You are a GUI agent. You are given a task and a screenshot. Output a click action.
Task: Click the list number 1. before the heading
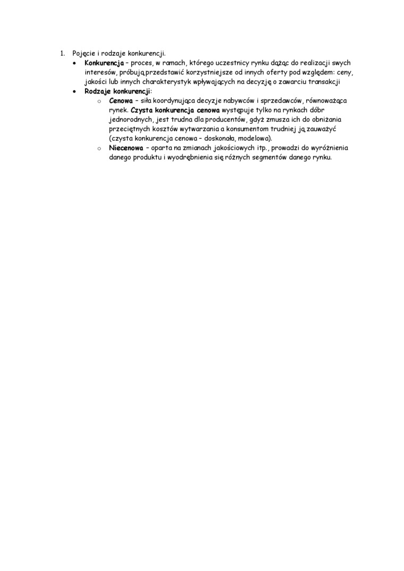[x=62, y=53]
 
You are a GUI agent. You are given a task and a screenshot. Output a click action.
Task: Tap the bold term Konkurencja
[x=104, y=63]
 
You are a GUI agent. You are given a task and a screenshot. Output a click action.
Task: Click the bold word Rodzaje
[x=98, y=91]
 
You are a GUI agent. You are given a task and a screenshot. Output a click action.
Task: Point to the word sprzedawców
[x=275, y=101]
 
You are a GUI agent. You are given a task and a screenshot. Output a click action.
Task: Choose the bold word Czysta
[x=142, y=110]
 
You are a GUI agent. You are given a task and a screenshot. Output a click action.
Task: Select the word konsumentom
[x=242, y=130]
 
